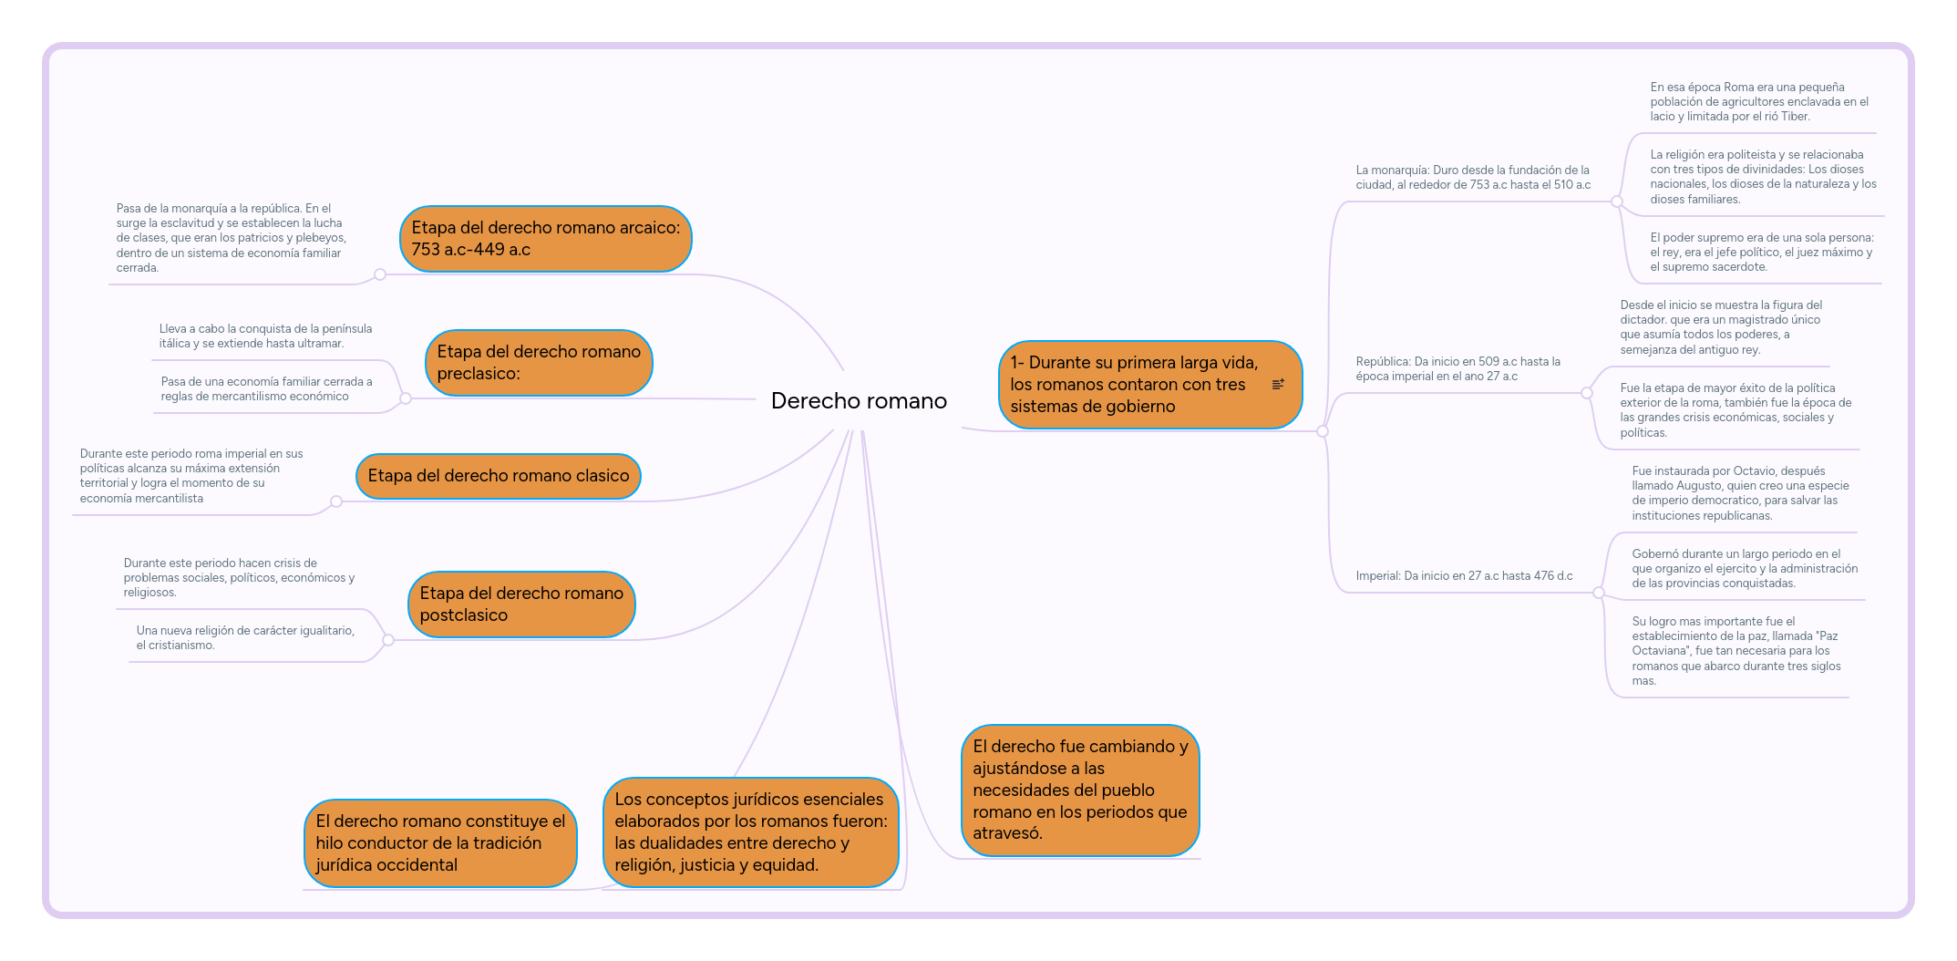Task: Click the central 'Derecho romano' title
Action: (x=859, y=401)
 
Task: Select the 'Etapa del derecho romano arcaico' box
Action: (x=545, y=239)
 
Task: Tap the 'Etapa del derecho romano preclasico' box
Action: (x=538, y=363)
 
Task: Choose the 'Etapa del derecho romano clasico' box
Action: (x=498, y=476)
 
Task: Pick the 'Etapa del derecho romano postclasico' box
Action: (x=520, y=604)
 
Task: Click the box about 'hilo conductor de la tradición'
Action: (x=440, y=843)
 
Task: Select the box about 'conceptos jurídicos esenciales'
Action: (x=750, y=832)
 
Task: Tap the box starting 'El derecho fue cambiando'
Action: (x=1080, y=790)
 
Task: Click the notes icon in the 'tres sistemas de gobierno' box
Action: (x=1278, y=385)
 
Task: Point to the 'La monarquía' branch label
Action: (x=1472, y=178)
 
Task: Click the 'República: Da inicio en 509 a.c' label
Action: (x=1457, y=369)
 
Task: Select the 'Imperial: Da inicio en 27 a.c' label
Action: (x=1464, y=576)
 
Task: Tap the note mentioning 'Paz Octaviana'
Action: (x=1736, y=651)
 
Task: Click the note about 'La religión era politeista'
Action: (x=1763, y=177)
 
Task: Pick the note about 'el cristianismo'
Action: (x=245, y=638)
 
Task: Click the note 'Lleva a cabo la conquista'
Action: (x=265, y=336)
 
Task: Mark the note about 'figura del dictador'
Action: (x=1721, y=327)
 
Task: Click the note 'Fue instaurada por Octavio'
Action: (x=1740, y=493)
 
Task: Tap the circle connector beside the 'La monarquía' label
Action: (x=1617, y=201)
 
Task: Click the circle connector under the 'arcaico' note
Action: (x=380, y=274)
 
